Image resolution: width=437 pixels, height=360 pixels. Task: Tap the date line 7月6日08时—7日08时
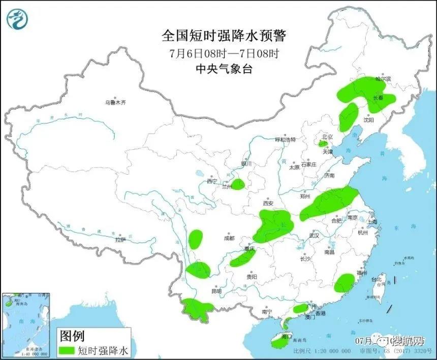point(224,53)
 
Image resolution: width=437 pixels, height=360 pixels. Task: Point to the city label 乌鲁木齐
point(115,103)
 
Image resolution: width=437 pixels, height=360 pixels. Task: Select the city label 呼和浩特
point(285,139)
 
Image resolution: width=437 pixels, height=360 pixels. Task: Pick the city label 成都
point(229,238)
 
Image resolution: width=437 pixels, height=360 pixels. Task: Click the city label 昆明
point(216,291)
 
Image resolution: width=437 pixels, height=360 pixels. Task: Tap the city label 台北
point(376,280)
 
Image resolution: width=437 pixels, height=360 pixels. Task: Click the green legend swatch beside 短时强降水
point(67,350)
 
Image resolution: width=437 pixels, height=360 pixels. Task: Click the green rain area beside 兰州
point(238,184)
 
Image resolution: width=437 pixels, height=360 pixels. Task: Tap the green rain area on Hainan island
point(279,343)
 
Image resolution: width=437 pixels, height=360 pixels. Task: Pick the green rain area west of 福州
point(344,282)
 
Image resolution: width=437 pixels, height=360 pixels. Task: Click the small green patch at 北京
point(322,144)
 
